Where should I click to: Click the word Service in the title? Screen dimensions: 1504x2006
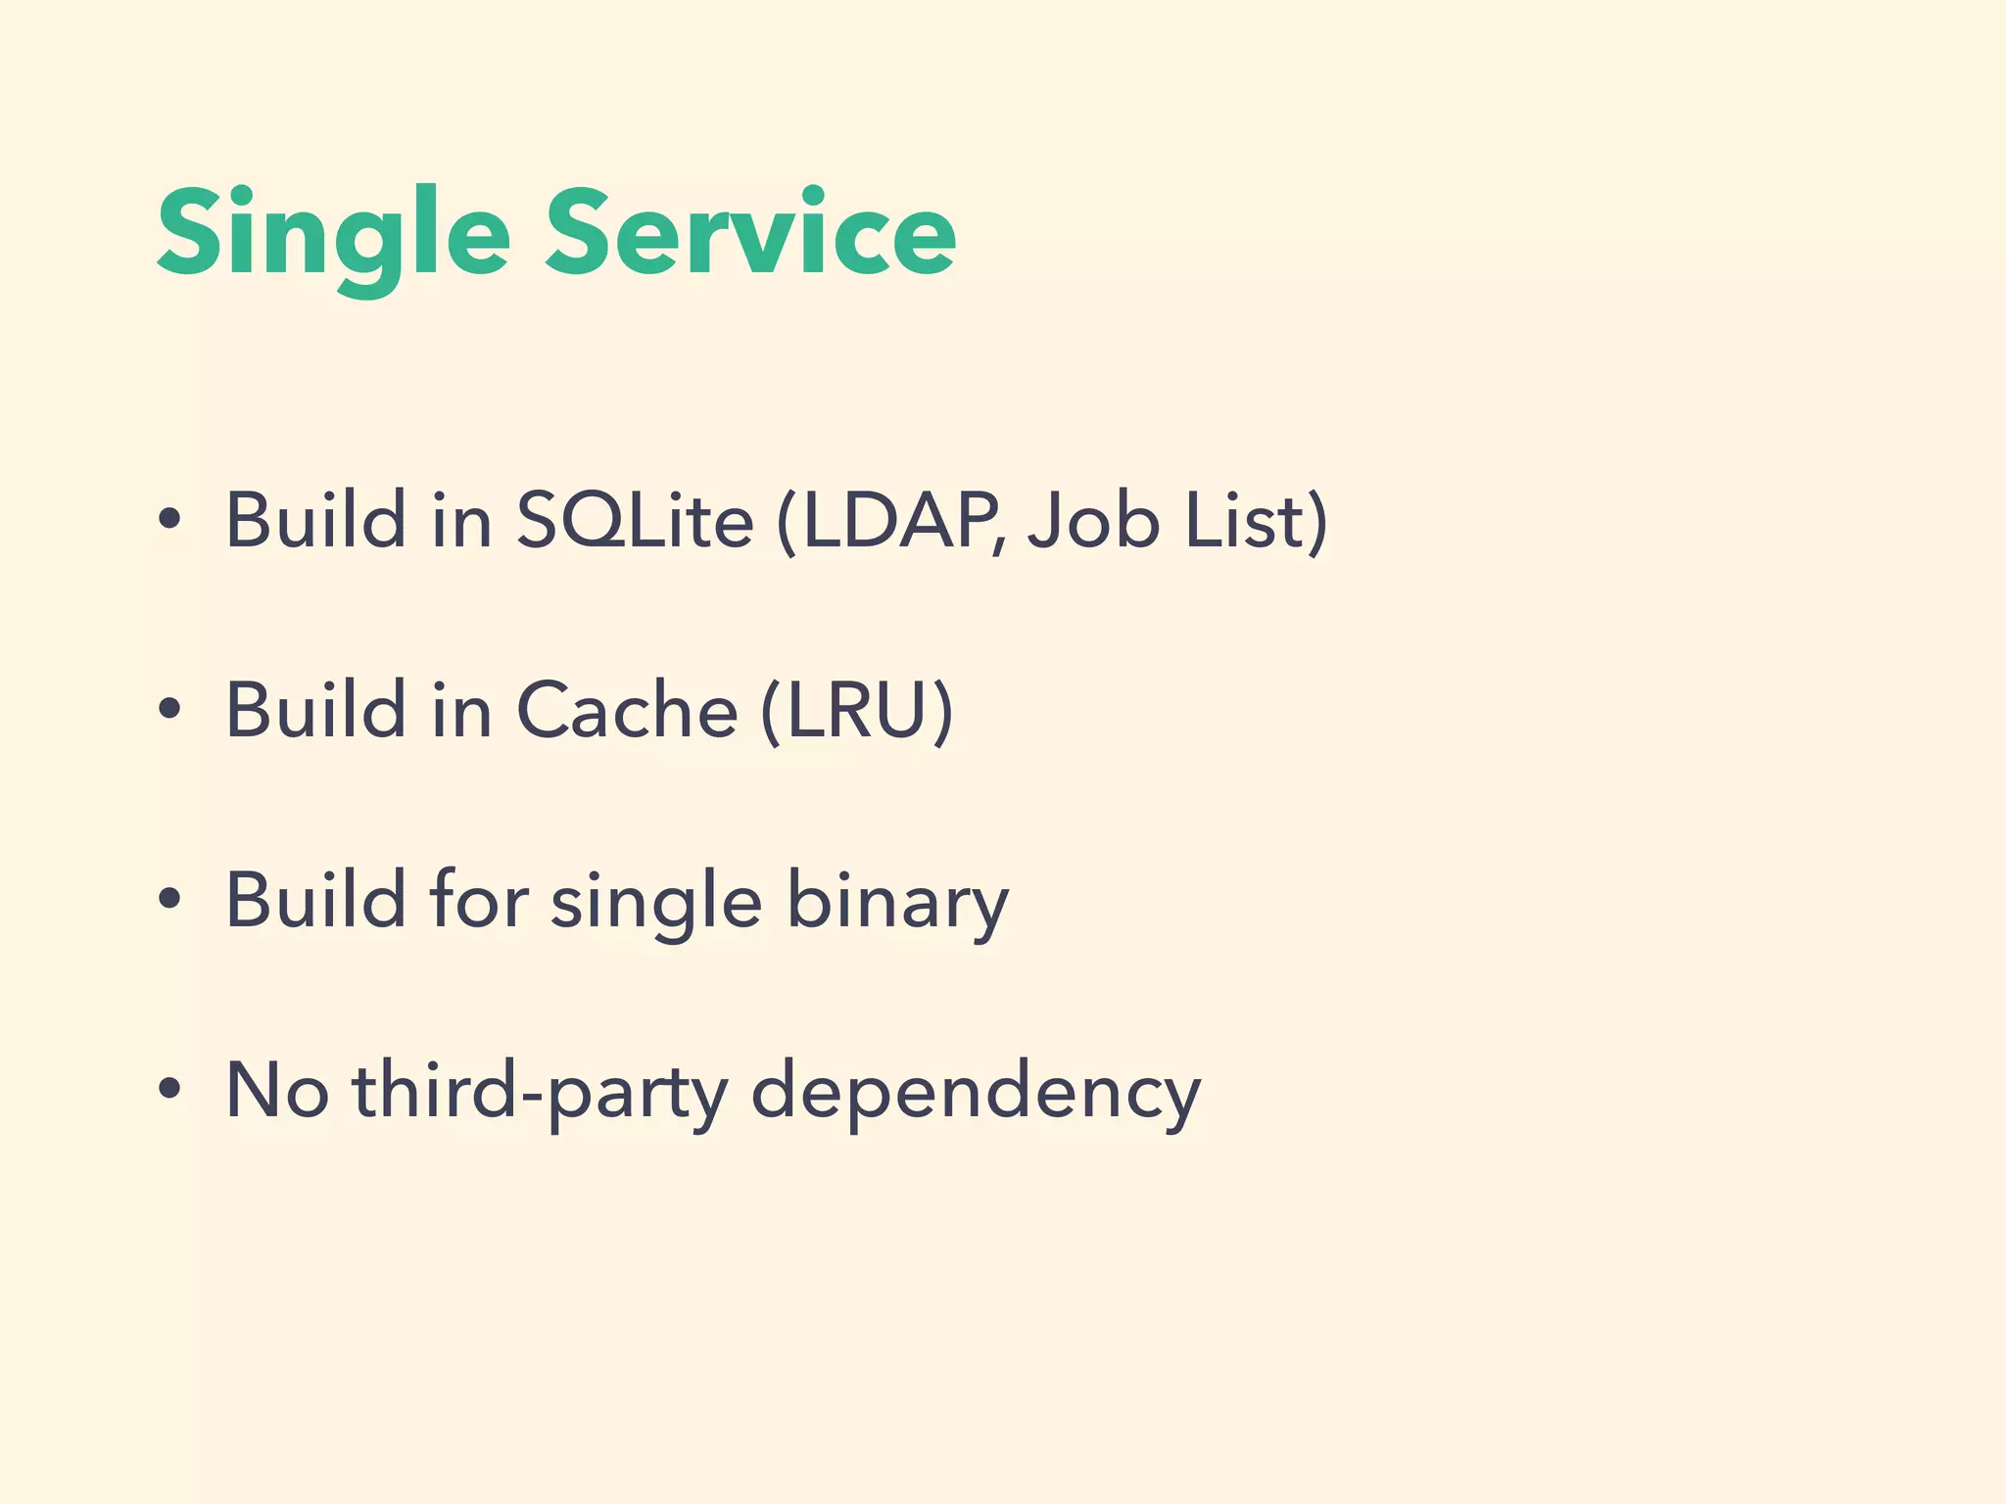(x=750, y=235)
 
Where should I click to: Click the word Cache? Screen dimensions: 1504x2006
(x=627, y=710)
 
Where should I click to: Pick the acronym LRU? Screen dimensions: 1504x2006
(x=856, y=710)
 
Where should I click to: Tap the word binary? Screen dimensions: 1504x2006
(x=897, y=901)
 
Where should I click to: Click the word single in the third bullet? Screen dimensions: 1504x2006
(x=656, y=901)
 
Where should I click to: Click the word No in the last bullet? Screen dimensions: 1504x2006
(x=276, y=1090)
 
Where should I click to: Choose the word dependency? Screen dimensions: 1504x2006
(x=976, y=1090)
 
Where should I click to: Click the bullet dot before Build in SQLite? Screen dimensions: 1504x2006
(x=169, y=520)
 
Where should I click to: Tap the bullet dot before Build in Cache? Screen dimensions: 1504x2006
(x=169, y=710)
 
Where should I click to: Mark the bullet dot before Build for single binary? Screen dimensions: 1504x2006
(x=169, y=900)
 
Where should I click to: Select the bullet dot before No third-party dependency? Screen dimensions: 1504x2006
(x=169, y=1090)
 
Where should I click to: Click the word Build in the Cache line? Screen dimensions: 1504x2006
(x=315, y=710)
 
